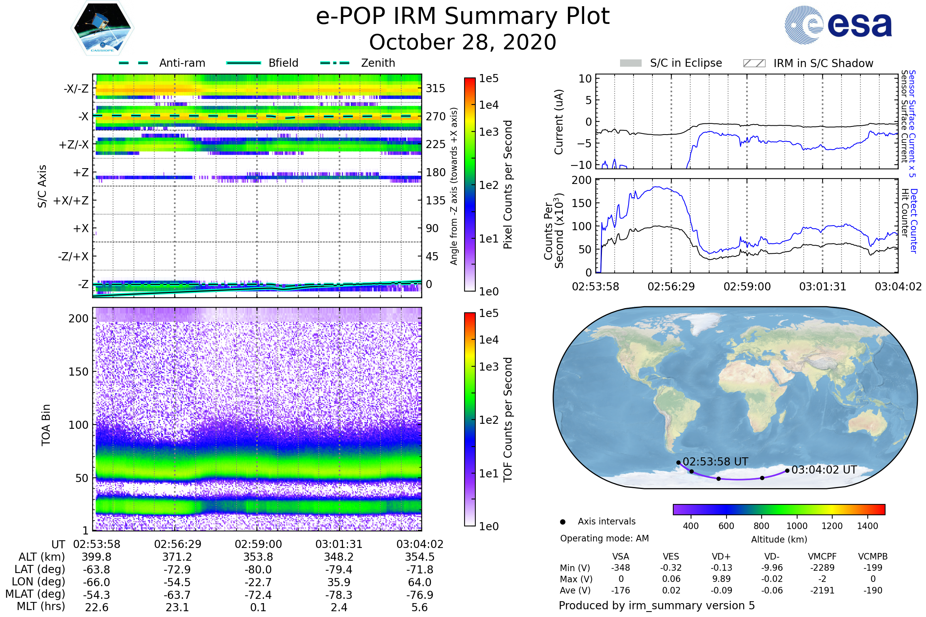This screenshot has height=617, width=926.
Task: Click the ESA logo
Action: [838, 25]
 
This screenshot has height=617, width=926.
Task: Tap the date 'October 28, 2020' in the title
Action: [463, 42]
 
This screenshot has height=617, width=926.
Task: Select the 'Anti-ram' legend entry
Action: [182, 63]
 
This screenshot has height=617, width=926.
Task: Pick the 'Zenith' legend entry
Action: [378, 63]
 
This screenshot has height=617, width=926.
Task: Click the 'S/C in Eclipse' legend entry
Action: [686, 63]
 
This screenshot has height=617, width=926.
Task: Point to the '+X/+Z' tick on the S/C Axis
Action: [71, 201]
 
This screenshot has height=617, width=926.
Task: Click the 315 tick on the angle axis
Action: [435, 88]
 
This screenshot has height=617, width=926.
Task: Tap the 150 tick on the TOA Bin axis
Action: [78, 371]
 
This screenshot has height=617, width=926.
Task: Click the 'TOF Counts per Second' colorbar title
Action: [508, 420]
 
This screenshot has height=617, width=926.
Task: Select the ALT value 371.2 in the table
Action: [177, 557]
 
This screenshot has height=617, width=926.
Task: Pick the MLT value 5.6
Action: [419, 607]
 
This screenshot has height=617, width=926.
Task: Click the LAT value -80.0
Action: [258, 570]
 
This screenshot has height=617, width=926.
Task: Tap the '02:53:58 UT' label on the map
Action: [715, 462]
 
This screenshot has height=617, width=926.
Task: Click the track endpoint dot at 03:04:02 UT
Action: [787, 470]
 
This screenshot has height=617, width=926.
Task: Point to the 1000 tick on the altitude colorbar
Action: [797, 526]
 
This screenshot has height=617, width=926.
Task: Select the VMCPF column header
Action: [822, 556]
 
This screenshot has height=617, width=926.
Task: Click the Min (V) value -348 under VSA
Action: [620, 568]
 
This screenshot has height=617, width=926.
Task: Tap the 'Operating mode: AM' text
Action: [604, 538]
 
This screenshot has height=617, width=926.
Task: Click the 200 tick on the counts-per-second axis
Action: [581, 180]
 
